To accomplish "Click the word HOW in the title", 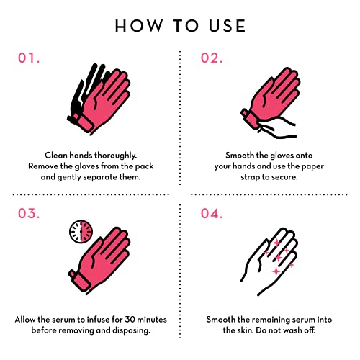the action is point(139,26).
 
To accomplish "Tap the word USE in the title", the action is point(227,26).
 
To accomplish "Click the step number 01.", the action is point(29,58).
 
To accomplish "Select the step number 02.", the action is point(212,58).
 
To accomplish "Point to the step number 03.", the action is point(29,213).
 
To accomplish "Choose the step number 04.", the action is point(212,213).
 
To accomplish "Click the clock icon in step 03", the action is point(81,232).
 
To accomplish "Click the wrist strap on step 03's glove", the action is point(79,282).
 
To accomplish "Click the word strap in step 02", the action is point(250,177).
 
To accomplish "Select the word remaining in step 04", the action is point(274,320).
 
